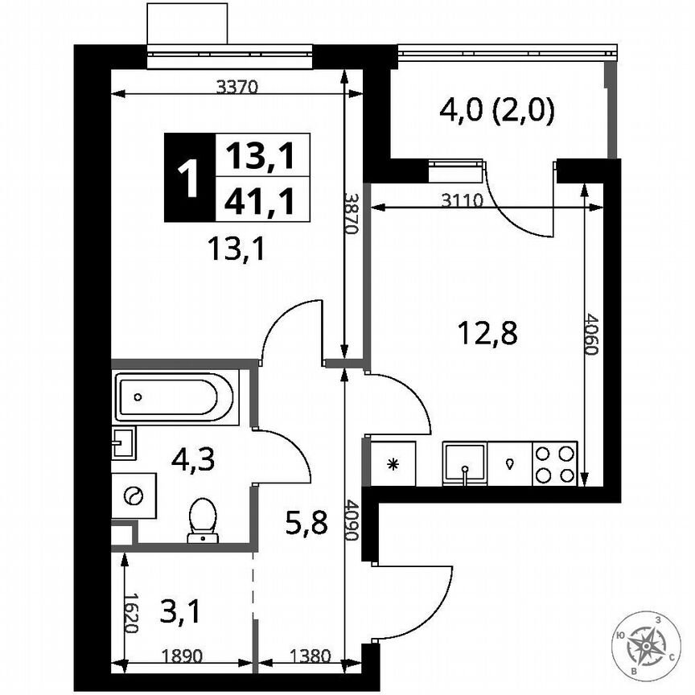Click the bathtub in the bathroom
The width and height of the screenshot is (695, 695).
pos(175,397)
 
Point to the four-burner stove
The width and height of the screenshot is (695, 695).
pos(555,464)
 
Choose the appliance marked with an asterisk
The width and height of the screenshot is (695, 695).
pos(393,464)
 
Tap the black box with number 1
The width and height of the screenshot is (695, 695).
pos(189,178)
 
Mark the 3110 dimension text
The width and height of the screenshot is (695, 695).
pos(463,202)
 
